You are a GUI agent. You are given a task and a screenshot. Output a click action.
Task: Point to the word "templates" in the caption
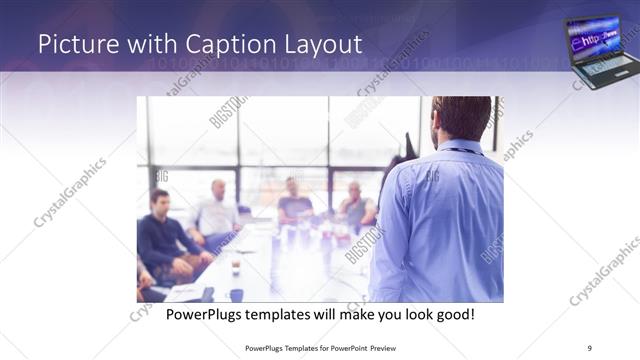coord(286,315)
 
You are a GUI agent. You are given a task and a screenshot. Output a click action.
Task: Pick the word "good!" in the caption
coord(453,315)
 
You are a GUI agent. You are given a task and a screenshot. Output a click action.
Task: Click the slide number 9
coord(589,347)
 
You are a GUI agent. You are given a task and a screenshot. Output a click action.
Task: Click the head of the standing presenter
coord(461,117)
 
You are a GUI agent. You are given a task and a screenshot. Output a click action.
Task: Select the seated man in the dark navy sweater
coord(162,235)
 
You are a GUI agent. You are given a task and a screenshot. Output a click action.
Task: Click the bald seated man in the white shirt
coord(217,212)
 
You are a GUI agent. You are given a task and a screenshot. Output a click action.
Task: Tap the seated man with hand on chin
coord(355,205)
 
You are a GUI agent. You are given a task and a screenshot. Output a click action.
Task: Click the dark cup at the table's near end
coord(236,294)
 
